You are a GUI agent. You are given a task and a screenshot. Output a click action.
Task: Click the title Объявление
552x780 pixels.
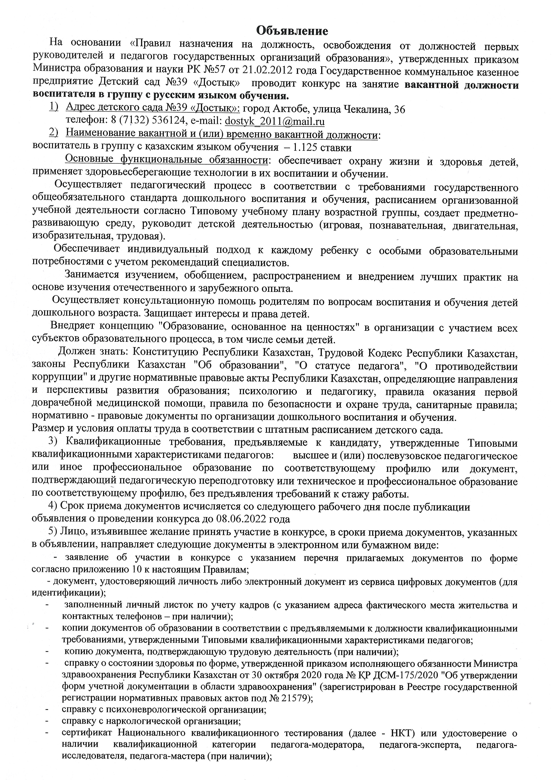click(x=292, y=31)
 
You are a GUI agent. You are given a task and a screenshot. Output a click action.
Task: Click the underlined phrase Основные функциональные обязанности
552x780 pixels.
click(x=166, y=160)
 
